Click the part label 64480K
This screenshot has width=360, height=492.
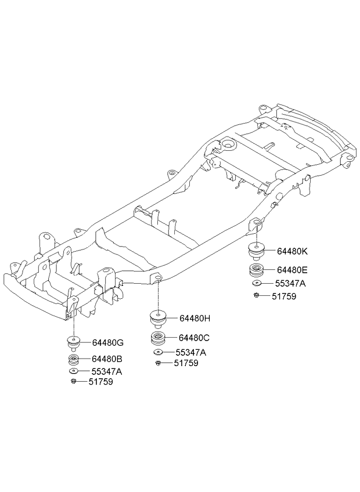tap(293, 251)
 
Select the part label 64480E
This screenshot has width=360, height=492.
tap(292, 270)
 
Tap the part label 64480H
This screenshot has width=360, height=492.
tap(195, 319)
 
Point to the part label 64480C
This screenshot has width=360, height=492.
tap(194, 338)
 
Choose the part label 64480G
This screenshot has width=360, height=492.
tap(108, 343)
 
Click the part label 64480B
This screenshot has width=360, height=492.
tap(107, 359)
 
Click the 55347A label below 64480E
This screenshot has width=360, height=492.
tap(290, 283)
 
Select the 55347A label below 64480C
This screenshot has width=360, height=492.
tap(191, 352)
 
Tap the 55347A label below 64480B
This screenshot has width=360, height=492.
tap(107, 371)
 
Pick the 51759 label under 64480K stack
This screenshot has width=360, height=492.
tap(284, 296)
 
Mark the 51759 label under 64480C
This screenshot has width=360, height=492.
tap(186, 363)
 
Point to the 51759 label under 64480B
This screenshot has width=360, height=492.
tap(100, 382)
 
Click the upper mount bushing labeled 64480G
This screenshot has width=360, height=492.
tap(74, 343)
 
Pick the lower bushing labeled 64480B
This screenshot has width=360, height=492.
tap(74, 360)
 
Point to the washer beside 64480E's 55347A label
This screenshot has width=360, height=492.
tap(257, 283)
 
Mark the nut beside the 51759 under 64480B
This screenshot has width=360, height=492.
tap(73, 381)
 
